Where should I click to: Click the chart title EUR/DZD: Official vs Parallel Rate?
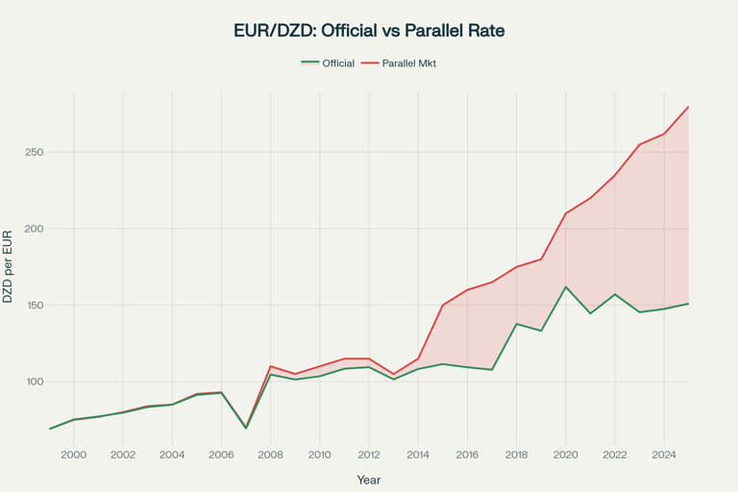point(369,31)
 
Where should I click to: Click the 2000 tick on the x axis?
point(73,455)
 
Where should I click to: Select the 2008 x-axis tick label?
point(271,455)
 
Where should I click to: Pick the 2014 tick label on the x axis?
point(418,455)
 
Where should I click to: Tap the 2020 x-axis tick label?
point(566,455)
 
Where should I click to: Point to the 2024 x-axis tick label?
point(664,455)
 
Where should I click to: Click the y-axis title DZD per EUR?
point(9,267)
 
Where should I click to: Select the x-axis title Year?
point(369,479)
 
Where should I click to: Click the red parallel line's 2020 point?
point(566,213)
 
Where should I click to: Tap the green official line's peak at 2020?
point(566,287)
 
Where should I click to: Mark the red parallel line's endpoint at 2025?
point(689,107)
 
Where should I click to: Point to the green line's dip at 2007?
point(246,428)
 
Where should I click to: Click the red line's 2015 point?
point(443,306)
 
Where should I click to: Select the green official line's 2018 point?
point(517,324)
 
